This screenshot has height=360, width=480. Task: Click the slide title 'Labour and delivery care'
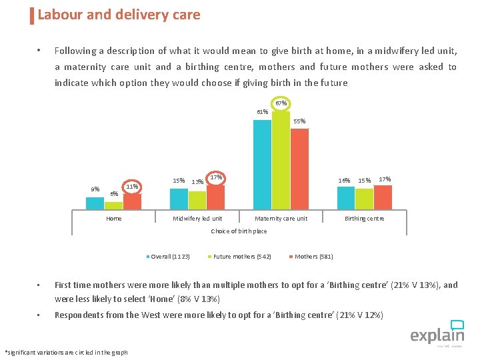(119, 15)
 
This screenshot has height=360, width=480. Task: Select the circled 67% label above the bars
(281, 103)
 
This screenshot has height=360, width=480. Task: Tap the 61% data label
(262, 112)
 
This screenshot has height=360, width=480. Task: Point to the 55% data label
(300, 121)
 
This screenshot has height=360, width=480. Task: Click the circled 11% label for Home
(132, 187)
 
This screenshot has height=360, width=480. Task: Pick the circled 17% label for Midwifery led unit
(215, 178)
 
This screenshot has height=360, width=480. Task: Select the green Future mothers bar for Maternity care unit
(281, 160)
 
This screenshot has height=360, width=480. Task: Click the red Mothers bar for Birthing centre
(383, 197)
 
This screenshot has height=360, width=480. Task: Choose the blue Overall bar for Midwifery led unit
(179, 199)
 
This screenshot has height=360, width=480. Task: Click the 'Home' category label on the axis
(114, 219)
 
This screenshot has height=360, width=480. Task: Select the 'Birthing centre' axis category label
(364, 219)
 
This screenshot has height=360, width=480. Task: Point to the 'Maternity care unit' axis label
(281, 219)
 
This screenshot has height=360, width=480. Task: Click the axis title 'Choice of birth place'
(239, 231)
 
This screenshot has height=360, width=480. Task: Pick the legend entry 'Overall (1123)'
(169, 257)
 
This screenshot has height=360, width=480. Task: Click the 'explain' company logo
(437, 333)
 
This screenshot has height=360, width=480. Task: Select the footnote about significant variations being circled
(66, 353)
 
